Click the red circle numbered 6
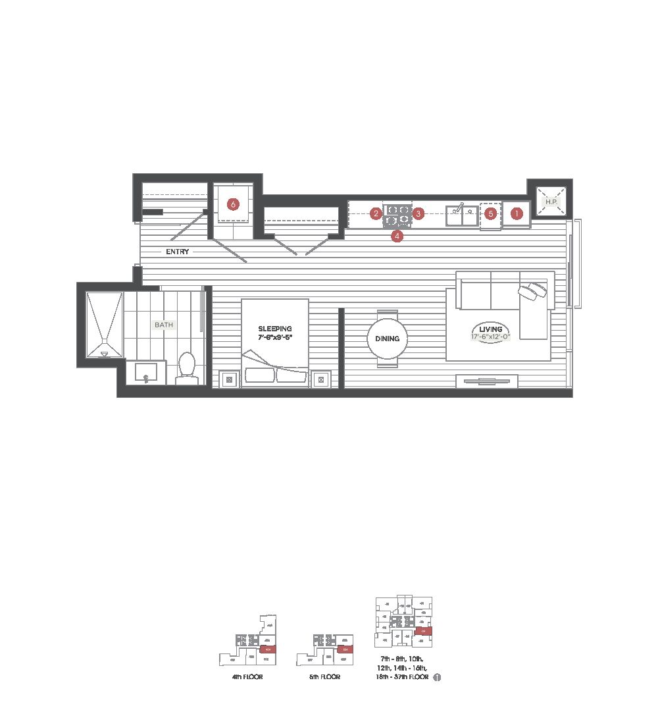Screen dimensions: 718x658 [x=233, y=204]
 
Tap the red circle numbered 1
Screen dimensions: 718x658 [x=517, y=213]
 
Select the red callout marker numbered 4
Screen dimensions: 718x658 [x=397, y=235]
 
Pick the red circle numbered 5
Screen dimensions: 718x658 [x=490, y=213]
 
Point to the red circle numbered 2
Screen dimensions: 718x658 [x=376, y=213]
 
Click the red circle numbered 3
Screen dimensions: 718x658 [x=418, y=213]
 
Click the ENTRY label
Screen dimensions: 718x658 [x=178, y=252]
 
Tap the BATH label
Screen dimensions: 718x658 [x=162, y=325]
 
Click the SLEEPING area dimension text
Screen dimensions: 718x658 [x=275, y=337]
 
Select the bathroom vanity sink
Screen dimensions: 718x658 [x=147, y=373]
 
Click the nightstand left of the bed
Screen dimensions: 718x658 [x=229, y=379]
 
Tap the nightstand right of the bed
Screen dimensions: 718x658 [x=320, y=379]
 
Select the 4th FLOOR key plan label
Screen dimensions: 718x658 [x=247, y=677]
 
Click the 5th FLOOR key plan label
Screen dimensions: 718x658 [x=325, y=677]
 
